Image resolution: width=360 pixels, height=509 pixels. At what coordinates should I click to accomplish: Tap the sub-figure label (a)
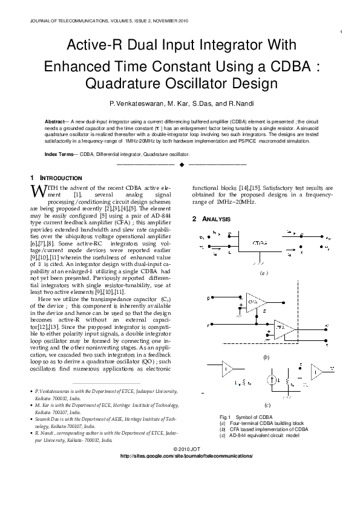263,273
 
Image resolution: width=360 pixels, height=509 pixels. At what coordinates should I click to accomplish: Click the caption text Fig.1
226,417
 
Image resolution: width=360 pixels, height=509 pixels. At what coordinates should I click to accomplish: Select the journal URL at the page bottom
186,455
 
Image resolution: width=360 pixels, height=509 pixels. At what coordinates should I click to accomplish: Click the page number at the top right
342,32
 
